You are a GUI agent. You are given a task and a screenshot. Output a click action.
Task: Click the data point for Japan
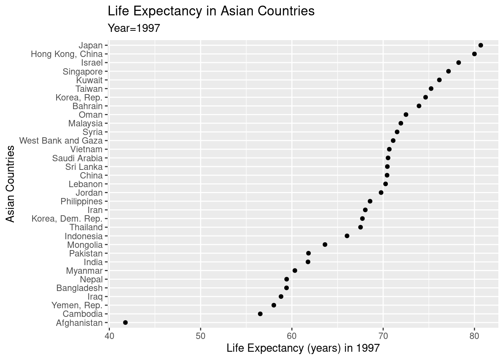pyautogui.click(x=481, y=45)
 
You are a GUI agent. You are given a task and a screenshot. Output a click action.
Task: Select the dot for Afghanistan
pyautogui.click(x=125, y=322)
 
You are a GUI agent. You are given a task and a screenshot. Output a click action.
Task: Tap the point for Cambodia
pyautogui.click(x=260, y=314)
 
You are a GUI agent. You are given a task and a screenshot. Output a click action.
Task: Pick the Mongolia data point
pyautogui.click(x=325, y=244)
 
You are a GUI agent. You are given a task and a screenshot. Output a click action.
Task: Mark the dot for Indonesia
pyautogui.click(x=347, y=236)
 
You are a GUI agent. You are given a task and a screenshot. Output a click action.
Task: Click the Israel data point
pyautogui.click(x=459, y=63)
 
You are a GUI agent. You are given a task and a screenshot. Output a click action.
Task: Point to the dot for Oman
pyautogui.click(x=406, y=115)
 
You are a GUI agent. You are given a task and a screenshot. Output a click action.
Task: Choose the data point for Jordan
pyautogui.click(x=381, y=193)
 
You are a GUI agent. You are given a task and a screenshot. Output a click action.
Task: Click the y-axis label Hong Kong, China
pyautogui.click(x=66, y=54)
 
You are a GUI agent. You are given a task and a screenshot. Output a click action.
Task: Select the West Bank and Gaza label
pyautogui.click(x=61, y=141)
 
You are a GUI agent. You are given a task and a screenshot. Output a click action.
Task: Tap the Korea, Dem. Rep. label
pyautogui.click(x=67, y=219)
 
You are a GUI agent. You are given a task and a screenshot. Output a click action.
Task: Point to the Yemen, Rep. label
pyautogui.click(x=77, y=305)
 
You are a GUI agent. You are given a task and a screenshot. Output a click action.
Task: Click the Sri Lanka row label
pyautogui.click(x=84, y=167)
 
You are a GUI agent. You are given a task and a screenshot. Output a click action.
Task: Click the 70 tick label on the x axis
pyautogui.click(x=383, y=334)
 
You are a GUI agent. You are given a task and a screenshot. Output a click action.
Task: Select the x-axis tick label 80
pyautogui.click(x=474, y=334)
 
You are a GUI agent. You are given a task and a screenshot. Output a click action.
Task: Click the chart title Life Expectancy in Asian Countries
pyautogui.click(x=211, y=11)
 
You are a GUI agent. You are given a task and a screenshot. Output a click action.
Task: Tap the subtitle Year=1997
pyautogui.click(x=134, y=28)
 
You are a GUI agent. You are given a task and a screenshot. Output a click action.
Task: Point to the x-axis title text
pyautogui.click(x=303, y=348)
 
